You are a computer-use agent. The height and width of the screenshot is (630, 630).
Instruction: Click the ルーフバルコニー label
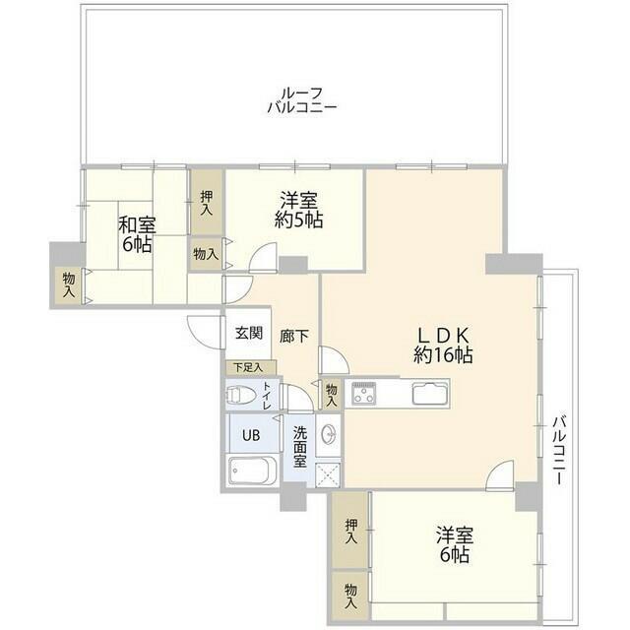click(302, 100)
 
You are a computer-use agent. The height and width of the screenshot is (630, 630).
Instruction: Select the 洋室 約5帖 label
click(298, 210)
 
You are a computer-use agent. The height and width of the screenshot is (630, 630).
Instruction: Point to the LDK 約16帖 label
click(443, 346)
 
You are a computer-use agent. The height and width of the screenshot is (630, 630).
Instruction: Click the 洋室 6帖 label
click(455, 545)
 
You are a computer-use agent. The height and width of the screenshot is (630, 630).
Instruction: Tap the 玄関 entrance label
click(249, 333)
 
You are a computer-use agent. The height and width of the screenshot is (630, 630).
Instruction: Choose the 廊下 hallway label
click(294, 336)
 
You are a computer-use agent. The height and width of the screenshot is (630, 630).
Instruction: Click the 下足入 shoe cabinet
click(251, 367)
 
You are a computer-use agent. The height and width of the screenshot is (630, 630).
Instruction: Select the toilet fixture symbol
click(241, 395)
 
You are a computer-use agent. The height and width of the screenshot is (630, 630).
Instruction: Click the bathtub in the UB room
click(252, 471)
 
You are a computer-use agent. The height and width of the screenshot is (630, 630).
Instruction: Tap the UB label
click(251, 435)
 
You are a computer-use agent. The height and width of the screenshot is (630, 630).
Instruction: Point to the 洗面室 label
click(300, 447)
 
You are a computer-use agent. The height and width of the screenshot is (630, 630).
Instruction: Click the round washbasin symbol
click(328, 434)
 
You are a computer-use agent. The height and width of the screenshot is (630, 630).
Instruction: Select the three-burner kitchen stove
click(364, 394)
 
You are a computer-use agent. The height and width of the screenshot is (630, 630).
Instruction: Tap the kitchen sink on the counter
click(429, 394)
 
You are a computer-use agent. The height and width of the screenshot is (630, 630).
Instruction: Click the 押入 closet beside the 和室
click(207, 202)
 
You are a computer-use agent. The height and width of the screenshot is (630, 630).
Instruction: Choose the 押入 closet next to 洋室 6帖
click(350, 531)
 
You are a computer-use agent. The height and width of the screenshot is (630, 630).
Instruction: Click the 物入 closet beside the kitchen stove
click(332, 395)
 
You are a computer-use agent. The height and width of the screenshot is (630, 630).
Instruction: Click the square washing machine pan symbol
click(328, 474)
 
